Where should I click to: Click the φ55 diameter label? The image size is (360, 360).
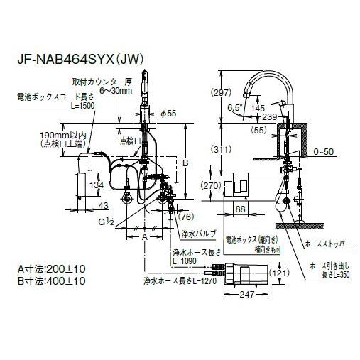pyautogui.click(x=167, y=114)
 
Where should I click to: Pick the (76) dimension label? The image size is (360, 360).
pyautogui.click(x=187, y=217)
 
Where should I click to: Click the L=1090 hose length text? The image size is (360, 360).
pyautogui.click(x=187, y=261)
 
